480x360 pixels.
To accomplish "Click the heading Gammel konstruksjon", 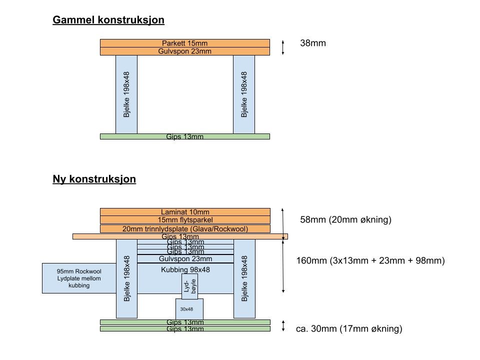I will point(108,20).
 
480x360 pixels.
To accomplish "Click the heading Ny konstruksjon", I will point(94,179).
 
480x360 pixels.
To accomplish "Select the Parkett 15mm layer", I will point(184,43).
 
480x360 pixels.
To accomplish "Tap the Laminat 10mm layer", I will point(185,212).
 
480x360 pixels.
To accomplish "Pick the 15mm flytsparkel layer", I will point(185,220).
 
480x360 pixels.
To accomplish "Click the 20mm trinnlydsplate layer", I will point(185,229).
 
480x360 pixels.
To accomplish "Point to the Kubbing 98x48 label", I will point(185,270).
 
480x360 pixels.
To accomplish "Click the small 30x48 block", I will point(189,309).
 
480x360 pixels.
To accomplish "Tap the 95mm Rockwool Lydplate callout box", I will point(78,278).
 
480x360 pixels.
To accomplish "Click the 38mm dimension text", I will point(313,43).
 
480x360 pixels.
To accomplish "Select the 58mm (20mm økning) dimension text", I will point(345,220).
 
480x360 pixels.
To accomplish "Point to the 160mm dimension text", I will point(370,260).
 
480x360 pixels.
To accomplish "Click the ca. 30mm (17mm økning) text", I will point(349,328).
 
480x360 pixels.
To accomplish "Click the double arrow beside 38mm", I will point(283,47).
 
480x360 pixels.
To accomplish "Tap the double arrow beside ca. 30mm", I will point(283,326).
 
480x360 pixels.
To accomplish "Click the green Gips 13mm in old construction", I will point(184,136).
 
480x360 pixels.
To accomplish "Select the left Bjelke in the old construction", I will point(126,94).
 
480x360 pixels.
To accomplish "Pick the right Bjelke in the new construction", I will point(244,278).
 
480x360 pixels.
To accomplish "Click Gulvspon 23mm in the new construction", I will point(185,259).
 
